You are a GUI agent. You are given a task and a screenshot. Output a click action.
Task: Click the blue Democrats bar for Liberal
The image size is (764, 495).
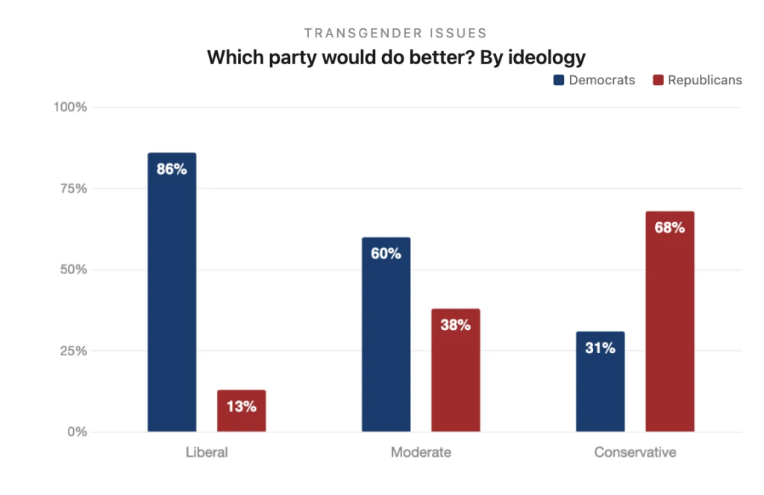(x=172, y=299)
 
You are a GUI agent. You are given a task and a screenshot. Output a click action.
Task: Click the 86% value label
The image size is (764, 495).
(x=172, y=169)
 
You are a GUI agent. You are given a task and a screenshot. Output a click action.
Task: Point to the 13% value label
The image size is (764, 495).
(x=242, y=407)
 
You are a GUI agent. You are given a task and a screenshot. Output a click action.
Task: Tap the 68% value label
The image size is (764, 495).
(x=670, y=228)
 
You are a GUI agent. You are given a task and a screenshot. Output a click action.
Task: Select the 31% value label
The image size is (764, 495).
(x=600, y=348)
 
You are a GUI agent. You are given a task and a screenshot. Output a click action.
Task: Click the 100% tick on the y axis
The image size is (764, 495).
(x=70, y=108)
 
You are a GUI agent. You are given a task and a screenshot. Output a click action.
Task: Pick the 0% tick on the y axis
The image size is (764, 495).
(x=77, y=432)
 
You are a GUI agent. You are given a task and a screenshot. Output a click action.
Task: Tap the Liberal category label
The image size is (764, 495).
(x=207, y=452)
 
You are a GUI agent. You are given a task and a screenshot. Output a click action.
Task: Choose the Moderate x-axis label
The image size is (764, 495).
(x=421, y=452)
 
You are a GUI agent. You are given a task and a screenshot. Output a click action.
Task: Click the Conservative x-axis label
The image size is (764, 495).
(x=635, y=452)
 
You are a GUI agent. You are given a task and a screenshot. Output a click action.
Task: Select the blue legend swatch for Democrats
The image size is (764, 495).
(x=559, y=80)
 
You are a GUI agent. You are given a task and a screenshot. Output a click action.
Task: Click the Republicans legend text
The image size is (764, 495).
(x=704, y=80)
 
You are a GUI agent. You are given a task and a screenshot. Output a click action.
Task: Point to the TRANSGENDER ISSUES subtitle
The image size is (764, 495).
(x=395, y=33)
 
